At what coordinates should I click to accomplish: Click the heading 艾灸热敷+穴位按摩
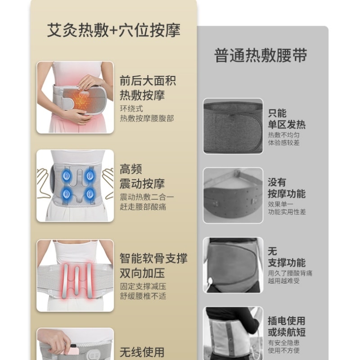(113, 30)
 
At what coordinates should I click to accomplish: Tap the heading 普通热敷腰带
(261, 56)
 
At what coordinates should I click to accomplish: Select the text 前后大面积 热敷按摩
(148, 88)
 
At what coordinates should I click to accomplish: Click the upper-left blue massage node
(67, 175)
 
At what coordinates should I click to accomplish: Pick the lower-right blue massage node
(90, 194)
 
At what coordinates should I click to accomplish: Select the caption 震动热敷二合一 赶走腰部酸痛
(147, 202)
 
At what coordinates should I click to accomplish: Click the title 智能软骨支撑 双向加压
(153, 265)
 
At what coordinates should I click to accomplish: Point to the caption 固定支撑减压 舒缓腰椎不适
(143, 291)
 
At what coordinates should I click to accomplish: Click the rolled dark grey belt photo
(233, 126)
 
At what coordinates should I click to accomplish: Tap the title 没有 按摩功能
(287, 188)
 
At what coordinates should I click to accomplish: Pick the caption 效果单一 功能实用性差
(287, 207)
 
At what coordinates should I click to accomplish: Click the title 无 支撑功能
(287, 257)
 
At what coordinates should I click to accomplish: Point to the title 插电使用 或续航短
(287, 326)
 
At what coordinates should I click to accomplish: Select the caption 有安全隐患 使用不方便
(284, 346)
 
